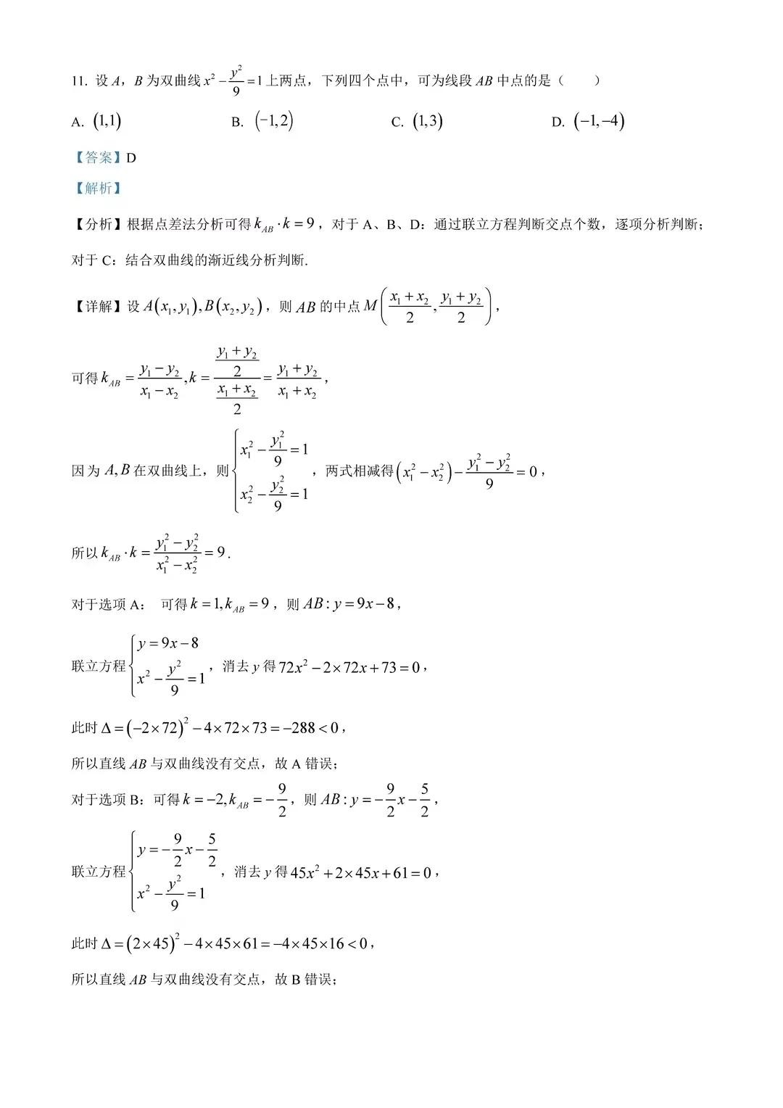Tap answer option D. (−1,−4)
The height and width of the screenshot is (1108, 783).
(588, 122)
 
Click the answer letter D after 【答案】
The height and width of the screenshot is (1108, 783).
(131, 158)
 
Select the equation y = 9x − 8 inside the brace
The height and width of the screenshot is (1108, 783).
(169, 643)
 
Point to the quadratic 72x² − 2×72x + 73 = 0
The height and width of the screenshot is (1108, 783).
(349, 667)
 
